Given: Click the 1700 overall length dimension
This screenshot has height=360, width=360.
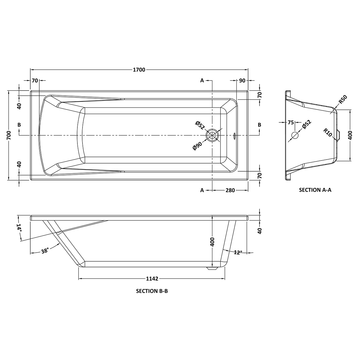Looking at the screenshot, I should (139, 70).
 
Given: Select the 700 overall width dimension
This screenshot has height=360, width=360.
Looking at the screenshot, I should (9, 135).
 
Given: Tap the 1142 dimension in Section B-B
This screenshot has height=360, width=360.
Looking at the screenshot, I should (152, 279).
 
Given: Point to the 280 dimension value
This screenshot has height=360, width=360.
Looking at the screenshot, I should (230, 190).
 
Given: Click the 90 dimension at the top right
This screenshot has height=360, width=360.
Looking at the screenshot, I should (242, 80).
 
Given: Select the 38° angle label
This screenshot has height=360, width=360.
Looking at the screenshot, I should (45, 251).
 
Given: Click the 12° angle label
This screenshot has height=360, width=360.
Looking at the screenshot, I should (237, 252).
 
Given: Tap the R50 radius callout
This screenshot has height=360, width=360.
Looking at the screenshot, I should (343, 99).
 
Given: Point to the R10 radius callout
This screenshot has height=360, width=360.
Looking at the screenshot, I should (328, 132).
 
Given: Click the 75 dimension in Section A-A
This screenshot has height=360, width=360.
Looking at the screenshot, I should (290, 122).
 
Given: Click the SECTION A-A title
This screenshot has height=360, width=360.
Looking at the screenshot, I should (315, 190).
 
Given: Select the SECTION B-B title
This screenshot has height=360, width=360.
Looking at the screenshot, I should (152, 291).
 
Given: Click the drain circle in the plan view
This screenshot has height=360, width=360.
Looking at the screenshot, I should (212, 135).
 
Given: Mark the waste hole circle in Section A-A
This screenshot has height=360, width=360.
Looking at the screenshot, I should (295, 135).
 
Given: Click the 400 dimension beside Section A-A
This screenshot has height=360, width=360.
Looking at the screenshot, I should (350, 135).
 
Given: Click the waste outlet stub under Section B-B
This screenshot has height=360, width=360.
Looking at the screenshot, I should (212, 268).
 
